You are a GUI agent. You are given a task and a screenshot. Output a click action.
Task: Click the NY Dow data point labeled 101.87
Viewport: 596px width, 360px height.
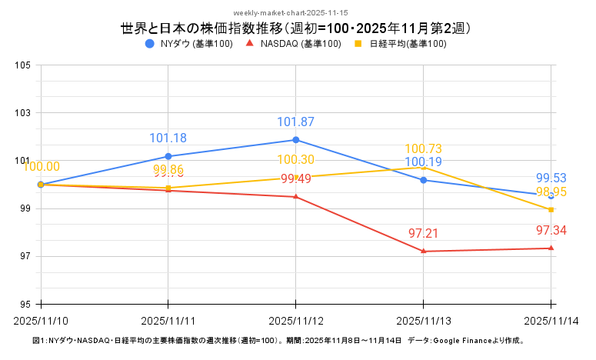pyautogui.click(x=296, y=140)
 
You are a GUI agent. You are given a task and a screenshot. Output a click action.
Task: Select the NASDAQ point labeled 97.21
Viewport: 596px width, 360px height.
pyautogui.click(x=424, y=252)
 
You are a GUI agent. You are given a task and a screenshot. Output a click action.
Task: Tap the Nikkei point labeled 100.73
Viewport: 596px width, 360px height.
pyautogui.click(x=424, y=167)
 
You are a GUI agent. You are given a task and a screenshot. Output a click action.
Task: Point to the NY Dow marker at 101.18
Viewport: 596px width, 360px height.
pyautogui.click(x=168, y=156)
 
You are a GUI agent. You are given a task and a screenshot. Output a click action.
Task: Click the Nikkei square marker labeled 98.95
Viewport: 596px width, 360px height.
pyautogui.click(x=551, y=209)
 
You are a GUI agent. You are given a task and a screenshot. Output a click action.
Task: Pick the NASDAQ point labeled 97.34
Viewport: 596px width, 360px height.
pyautogui.click(x=551, y=248)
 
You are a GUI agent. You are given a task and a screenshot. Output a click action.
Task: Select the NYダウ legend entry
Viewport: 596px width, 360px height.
pyautogui.click(x=189, y=44)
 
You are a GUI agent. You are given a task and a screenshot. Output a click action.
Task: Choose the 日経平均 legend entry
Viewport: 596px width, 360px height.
pyautogui.click(x=400, y=44)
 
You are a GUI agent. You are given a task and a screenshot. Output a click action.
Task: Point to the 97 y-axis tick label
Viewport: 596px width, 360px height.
pyautogui.click(x=24, y=256)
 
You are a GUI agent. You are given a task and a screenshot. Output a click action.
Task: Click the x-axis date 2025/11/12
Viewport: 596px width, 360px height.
pyautogui.click(x=296, y=319)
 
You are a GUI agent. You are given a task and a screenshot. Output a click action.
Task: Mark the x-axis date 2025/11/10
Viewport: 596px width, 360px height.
pyautogui.click(x=41, y=319)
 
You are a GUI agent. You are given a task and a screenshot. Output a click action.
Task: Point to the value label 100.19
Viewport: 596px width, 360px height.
pyautogui.click(x=424, y=162)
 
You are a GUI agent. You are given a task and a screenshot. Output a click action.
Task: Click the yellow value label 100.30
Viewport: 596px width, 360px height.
pyautogui.click(x=296, y=160)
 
